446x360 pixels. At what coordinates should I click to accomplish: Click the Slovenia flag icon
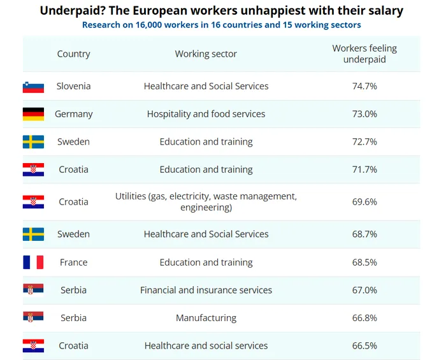33,87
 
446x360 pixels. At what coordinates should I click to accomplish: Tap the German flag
33,114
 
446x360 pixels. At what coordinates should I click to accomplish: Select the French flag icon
33,263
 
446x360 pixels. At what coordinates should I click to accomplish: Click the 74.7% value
364,86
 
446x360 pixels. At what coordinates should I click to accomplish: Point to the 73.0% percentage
364,114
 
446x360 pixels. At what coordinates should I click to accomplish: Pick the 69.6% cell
364,202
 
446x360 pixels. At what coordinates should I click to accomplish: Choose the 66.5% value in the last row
364,346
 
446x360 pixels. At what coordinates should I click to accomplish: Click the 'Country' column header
73,54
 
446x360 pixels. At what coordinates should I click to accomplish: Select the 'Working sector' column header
206,54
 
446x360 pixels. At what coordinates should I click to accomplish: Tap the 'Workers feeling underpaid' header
364,54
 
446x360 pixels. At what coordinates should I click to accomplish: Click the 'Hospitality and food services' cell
206,114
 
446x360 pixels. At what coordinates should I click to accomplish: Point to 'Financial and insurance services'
206,290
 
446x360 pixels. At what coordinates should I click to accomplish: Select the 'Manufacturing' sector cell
206,318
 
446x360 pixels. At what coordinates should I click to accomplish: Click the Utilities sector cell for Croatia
206,202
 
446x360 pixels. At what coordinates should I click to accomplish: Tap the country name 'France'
73,263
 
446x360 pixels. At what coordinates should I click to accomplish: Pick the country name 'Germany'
73,114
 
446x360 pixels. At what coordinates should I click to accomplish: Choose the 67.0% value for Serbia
364,290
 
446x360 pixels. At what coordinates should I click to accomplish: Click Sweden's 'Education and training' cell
206,141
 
